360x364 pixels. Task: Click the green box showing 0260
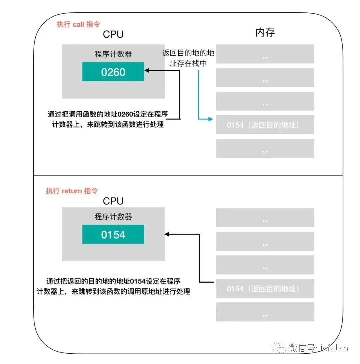coord(113,71)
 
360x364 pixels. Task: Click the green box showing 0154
coord(113,234)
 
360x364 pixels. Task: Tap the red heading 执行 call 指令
coord(78,24)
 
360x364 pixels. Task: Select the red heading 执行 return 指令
coord(72,191)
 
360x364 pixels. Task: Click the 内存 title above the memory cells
coord(265,33)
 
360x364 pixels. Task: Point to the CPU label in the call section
coord(113,34)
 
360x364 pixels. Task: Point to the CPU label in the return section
coord(113,201)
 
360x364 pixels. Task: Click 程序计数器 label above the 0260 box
coord(113,54)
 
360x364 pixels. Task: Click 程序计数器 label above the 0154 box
coord(113,217)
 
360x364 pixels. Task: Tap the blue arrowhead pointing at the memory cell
coord(211,119)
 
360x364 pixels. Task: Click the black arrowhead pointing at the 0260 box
coord(147,70)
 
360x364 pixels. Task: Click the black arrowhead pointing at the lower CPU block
coord(167,234)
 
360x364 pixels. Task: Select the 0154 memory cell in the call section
coord(265,125)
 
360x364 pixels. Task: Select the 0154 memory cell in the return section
coord(265,289)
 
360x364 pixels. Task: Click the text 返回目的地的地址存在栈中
coord(188,58)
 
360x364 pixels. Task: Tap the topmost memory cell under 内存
coord(265,54)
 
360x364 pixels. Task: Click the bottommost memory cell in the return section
coord(265,312)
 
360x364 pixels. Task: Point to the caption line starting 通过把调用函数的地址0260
coord(108,114)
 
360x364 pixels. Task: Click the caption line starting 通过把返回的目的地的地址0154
coord(113,281)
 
